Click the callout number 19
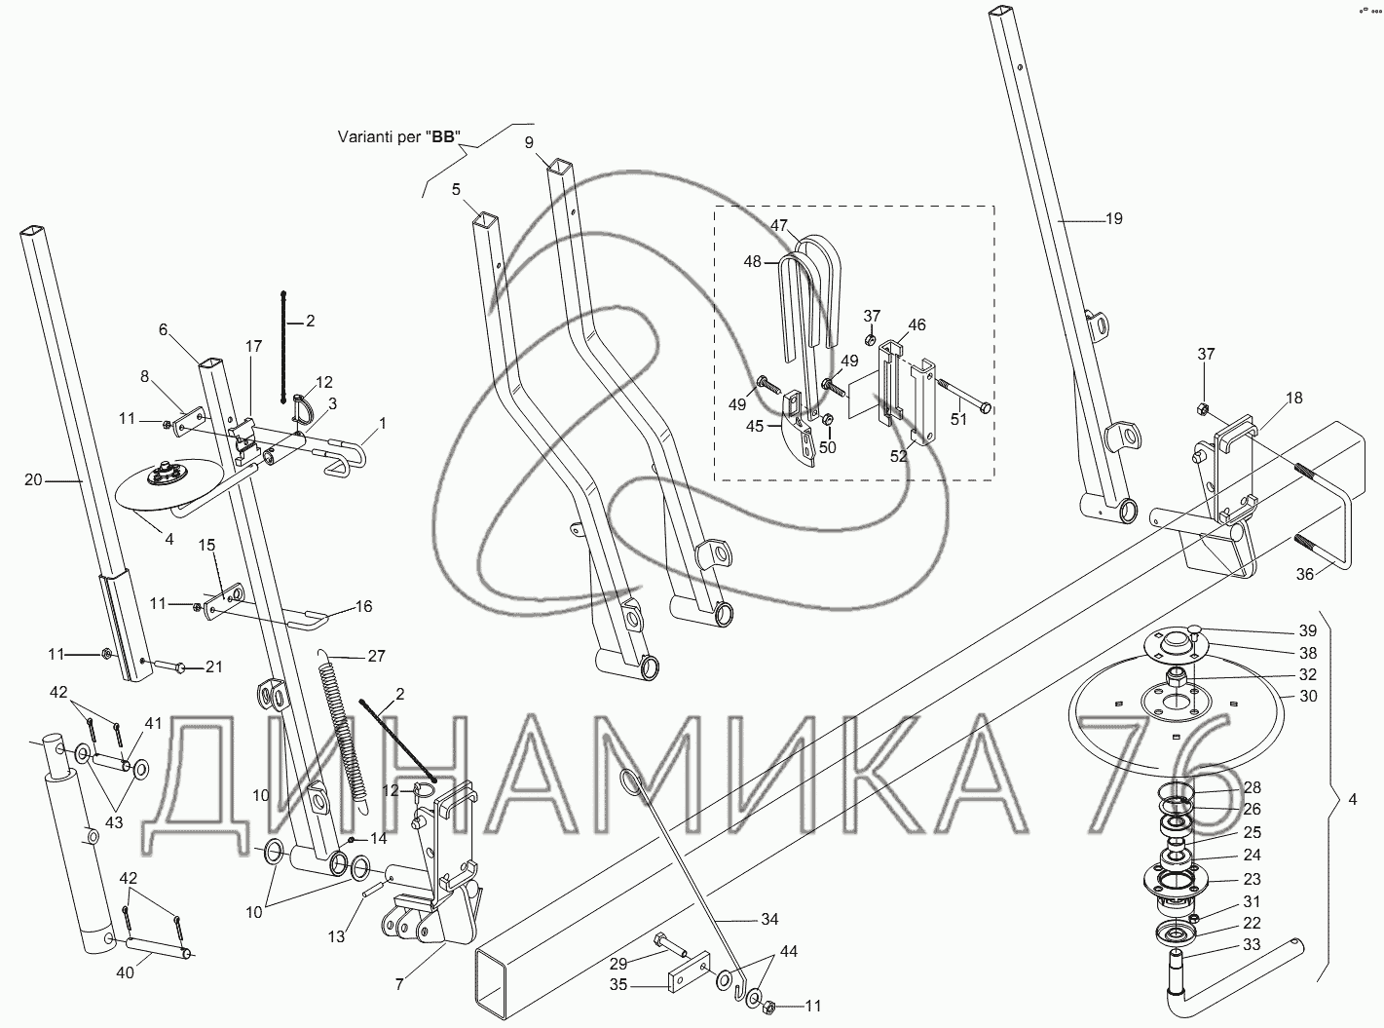coord(1113,219)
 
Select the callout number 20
coord(34,479)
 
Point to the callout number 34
coord(769,919)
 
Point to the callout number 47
coord(778,225)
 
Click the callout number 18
coord(1293,399)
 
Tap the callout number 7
coord(398,984)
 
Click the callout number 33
coord(1252,945)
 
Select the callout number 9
coord(529,143)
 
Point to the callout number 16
coord(363,607)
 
